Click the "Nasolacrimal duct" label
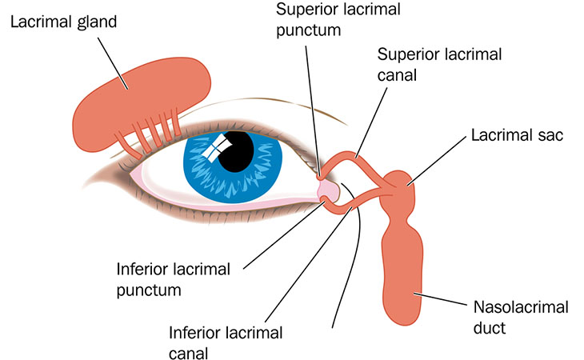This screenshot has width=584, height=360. tap(517, 317)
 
